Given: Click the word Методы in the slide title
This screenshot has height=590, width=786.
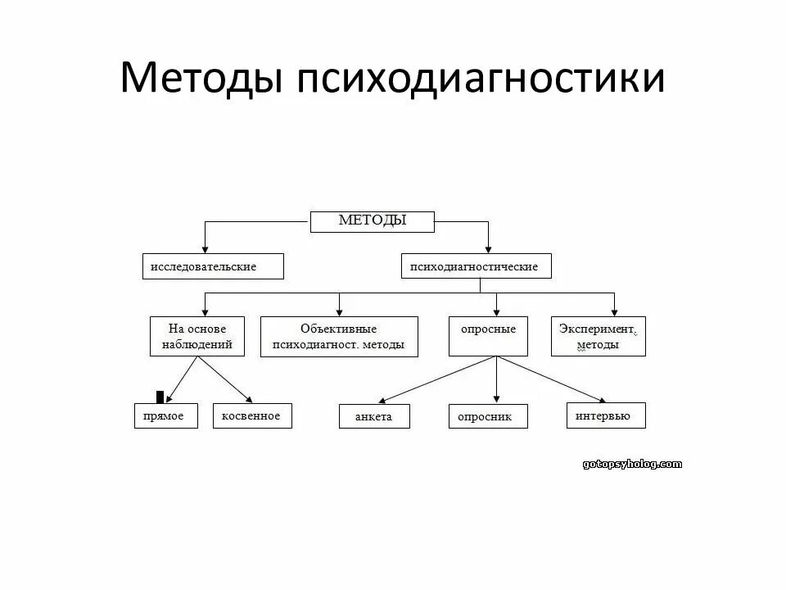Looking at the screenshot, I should [201, 79].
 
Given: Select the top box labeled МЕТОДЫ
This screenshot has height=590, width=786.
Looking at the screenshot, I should [373, 221].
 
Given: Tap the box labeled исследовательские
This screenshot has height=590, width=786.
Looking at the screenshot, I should [213, 266].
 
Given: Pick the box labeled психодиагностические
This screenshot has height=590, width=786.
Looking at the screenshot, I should [476, 266].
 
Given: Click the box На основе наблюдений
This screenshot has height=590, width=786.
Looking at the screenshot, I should [196, 336].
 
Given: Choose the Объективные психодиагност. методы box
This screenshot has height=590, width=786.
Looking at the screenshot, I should [339, 337].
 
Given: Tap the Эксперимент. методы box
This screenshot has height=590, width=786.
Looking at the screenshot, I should [598, 336].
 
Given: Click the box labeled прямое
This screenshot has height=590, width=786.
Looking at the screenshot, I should [165, 416].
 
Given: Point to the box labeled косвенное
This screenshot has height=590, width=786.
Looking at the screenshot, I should [251, 416].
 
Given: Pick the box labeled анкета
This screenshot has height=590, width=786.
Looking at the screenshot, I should [374, 416].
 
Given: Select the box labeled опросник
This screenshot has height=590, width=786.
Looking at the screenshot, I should [488, 416].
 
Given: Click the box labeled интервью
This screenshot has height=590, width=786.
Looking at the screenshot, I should [605, 415].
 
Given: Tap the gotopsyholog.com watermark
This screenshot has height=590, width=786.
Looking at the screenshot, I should [632, 464].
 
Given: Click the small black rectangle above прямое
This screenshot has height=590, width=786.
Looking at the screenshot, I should [160, 397].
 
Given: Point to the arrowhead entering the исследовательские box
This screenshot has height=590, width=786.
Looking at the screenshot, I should [205, 249].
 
